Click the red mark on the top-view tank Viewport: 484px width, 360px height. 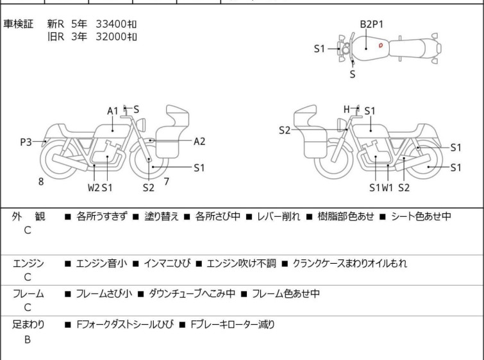click(381, 46)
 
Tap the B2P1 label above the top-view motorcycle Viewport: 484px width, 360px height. click(372, 24)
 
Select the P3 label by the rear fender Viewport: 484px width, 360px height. click(26, 142)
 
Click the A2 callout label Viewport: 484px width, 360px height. click(199, 142)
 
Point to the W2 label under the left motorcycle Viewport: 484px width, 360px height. click(94, 187)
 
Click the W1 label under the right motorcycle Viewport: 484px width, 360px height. click(387, 187)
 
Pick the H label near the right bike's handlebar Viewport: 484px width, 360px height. click(347, 109)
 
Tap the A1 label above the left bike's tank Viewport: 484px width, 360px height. click(113, 111)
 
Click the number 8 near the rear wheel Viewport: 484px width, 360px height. click(41, 182)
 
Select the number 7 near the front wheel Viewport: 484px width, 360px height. click(167, 182)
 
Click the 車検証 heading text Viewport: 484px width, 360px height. click(18, 24)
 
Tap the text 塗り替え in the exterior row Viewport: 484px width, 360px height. click(162, 216)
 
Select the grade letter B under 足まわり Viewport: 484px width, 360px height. click(28, 339)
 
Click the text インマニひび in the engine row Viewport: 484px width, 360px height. click(167, 264)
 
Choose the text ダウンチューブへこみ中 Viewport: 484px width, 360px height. click(192, 293)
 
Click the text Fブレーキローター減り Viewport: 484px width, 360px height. click(233, 325)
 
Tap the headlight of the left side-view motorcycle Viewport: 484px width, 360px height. click(141, 124)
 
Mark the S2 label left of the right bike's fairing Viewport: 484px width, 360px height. click(285, 130)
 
